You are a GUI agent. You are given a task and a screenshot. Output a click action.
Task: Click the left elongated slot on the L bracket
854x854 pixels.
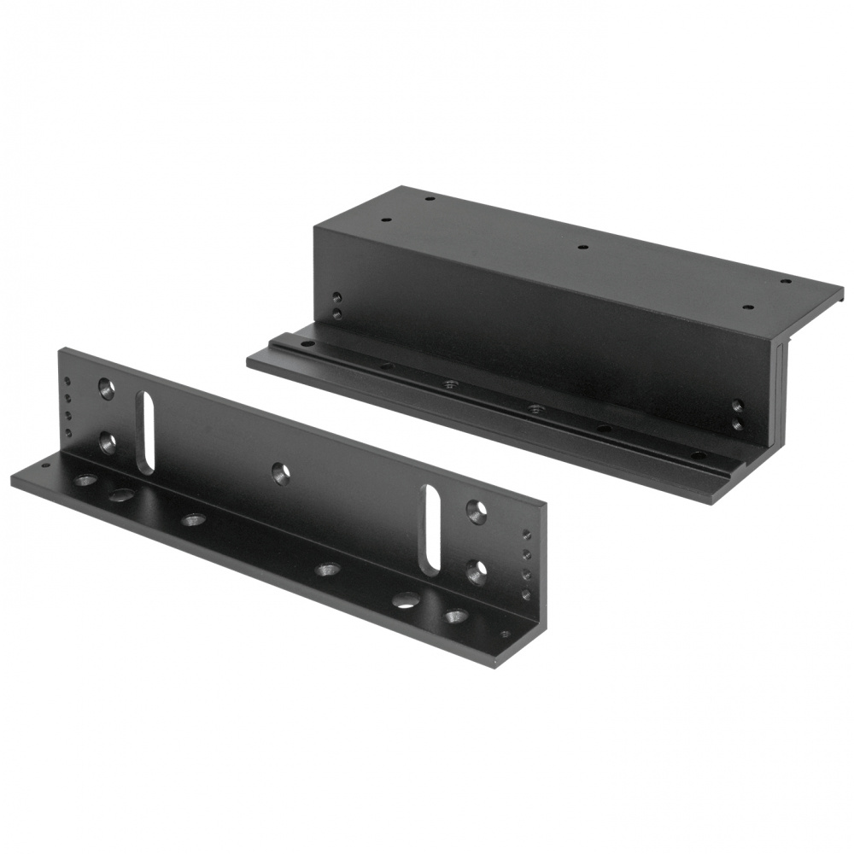pyautogui.click(x=146, y=432)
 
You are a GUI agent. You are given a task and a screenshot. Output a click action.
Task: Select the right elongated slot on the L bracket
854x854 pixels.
pyautogui.click(x=433, y=529)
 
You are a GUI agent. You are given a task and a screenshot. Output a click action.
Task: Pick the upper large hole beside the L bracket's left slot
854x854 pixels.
pyautogui.click(x=107, y=389)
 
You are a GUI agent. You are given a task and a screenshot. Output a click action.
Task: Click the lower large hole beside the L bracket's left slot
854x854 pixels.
pyautogui.click(x=107, y=442)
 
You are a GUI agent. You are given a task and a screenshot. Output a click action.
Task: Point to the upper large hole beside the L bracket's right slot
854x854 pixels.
pyautogui.click(x=477, y=512)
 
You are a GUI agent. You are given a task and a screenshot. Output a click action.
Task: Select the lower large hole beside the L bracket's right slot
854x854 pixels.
pyautogui.click(x=477, y=570)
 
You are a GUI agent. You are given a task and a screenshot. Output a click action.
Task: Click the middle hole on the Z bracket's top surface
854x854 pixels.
pyautogui.click(x=582, y=248)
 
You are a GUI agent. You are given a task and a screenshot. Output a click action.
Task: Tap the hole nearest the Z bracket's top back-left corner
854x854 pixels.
pyautogui.click(x=430, y=198)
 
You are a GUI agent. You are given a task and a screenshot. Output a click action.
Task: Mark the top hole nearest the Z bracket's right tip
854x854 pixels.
pyautogui.click(x=787, y=281)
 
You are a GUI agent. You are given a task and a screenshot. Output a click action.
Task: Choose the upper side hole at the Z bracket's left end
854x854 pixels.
pyautogui.click(x=337, y=298)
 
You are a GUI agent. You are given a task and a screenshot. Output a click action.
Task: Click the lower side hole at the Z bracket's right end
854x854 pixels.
pyautogui.click(x=737, y=423)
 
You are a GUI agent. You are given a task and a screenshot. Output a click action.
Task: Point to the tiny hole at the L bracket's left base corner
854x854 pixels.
pyautogui.click(x=44, y=465)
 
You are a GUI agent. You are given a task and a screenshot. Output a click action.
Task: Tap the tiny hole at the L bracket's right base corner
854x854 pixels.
pyautogui.click(x=506, y=634)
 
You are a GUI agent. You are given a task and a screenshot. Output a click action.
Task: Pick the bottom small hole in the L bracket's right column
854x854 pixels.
pyautogui.click(x=526, y=594)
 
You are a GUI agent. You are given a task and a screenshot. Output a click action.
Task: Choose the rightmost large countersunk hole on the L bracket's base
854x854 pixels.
pyautogui.click(x=456, y=615)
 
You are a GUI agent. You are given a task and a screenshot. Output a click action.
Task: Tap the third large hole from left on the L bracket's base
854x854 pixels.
pyautogui.click(x=194, y=518)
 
